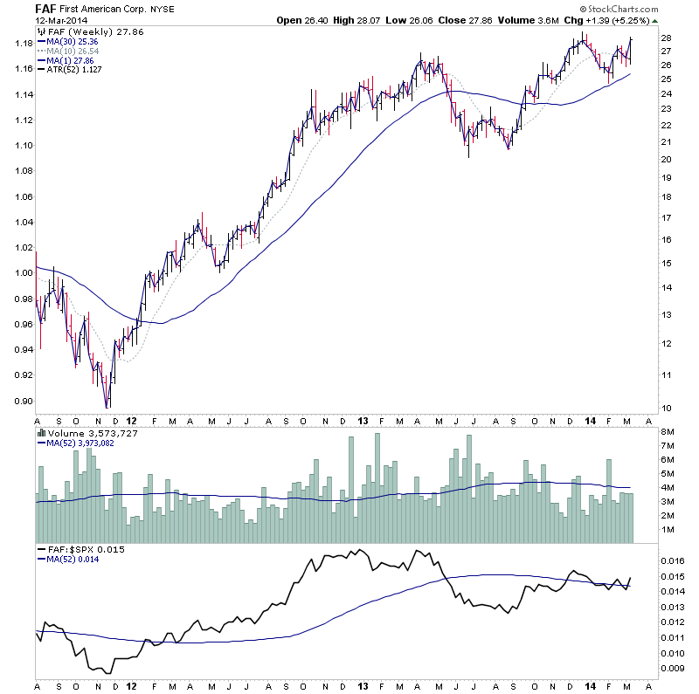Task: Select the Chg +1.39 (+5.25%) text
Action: [606, 20]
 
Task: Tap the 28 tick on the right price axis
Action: [667, 38]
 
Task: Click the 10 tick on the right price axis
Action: [667, 408]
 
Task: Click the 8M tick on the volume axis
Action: [668, 431]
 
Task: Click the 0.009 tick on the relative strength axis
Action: [675, 670]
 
